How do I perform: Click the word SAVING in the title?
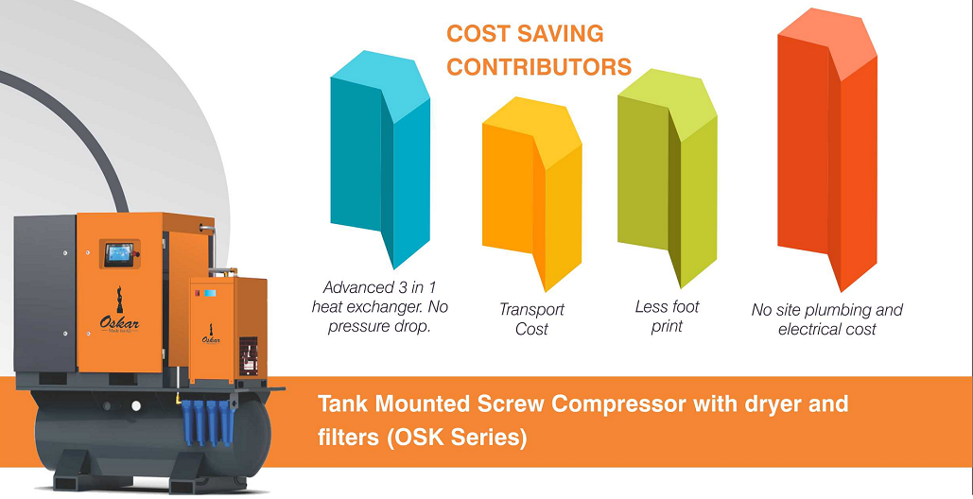(x=563, y=35)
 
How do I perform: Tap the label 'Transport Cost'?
(x=531, y=319)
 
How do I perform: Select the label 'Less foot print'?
(x=667, y=317)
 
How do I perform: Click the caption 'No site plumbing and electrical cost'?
(x=826, y=319)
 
